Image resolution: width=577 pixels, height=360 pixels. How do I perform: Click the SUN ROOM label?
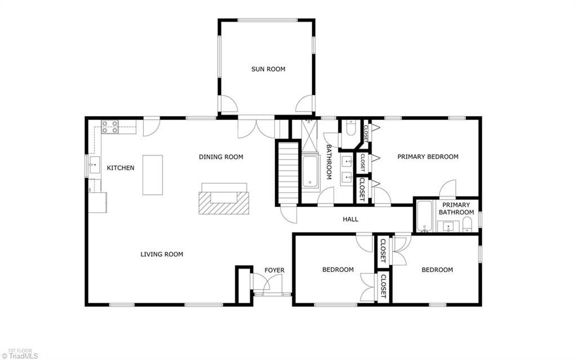tap(268, 69)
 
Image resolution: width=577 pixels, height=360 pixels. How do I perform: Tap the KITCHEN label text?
tap(121, 168)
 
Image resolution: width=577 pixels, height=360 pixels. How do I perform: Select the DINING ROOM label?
tap(221, 157)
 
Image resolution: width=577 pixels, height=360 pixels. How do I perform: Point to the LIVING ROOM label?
tap(162, 254)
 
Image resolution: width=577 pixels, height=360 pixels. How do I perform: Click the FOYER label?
tap(275, 270)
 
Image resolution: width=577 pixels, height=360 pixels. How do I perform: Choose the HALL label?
tap(350, 219)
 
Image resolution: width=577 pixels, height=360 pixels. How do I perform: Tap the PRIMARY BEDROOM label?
tap(428, 157)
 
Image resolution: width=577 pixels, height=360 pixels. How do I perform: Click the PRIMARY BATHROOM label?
tap(456, 208)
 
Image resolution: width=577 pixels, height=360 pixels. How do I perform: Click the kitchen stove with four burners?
tap(110, 127)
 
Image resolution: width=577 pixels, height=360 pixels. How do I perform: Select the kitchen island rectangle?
tap(152, 175)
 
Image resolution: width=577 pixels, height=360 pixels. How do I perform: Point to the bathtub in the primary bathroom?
tap(424, 217)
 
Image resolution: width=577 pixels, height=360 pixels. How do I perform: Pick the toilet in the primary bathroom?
tap(468, 226)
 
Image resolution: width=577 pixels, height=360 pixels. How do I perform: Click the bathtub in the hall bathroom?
tap(310, 171)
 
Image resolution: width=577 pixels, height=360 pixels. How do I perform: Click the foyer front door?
tap(273, 294)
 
